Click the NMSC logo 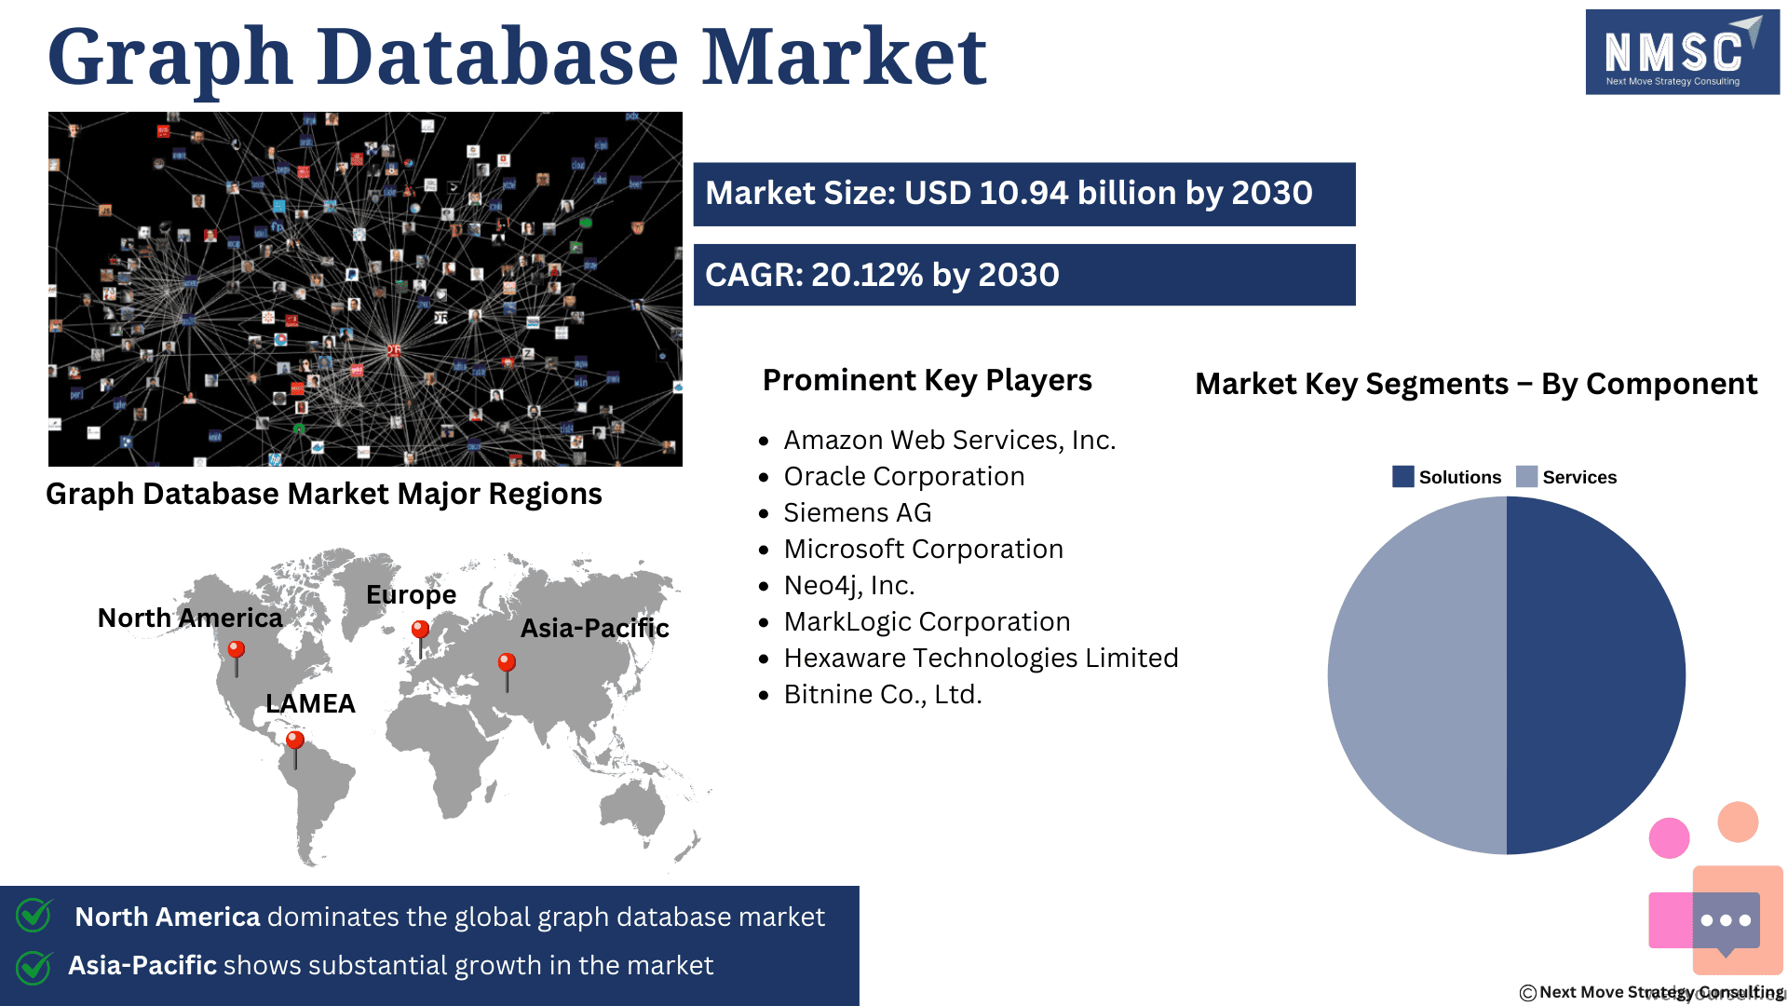[1682, 52]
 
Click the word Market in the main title [844, 57]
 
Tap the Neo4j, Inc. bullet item [849, 586]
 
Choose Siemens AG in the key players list [857, 512]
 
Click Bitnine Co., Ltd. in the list [883, 695]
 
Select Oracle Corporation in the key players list [904, 476]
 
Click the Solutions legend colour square [1402, 477]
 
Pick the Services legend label [1579, 477]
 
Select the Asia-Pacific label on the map [595, 628]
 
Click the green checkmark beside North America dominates [34, 915]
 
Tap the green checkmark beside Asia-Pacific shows [34, 967]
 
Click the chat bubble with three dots [1726, 922]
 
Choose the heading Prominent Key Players [928, 380]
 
